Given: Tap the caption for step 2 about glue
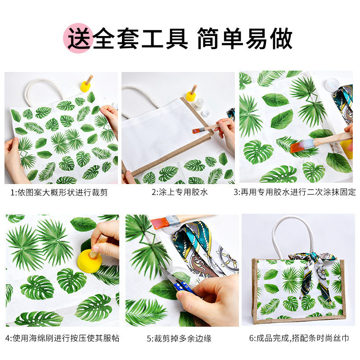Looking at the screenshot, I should click(x=179, y=192).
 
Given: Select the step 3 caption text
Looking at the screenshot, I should click(x=294, y=192).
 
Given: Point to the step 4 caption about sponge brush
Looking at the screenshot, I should click(x=62, y=337).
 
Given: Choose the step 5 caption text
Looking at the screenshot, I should click(x=179, y=337).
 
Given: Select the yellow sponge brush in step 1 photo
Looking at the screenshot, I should click(x=85, y=86).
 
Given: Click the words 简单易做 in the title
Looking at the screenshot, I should click(x=245, y=38).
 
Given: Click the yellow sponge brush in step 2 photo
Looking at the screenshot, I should click(x=191, y=95).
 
